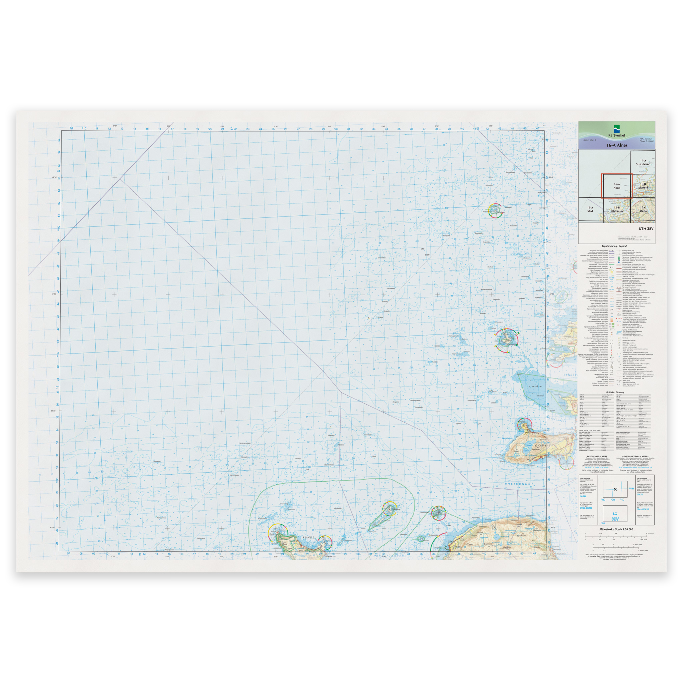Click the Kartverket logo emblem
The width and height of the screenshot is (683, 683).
(x=617, y=129)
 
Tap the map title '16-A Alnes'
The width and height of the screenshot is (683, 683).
(x=617, y=145)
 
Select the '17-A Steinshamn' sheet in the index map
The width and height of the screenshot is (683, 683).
(x=643, y=162)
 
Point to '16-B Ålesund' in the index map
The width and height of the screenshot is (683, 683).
(x=643, y=186)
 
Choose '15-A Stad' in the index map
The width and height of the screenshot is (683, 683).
(x=590, y=210)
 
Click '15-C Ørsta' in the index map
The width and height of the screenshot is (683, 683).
(x=643, y=210)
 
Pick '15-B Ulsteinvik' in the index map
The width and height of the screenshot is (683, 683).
(x=617, y=210)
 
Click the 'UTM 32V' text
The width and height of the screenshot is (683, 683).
(x=646, y=229)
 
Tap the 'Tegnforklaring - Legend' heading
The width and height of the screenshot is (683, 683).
(x=614, y=246)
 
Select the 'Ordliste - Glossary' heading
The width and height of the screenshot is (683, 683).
(x=615, y=392)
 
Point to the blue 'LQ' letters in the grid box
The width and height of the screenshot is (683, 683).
(x=615, y=514)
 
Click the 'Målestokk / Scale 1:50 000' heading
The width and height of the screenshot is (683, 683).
(x=616, y=530)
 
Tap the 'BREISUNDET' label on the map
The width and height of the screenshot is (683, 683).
(x=519, y=484)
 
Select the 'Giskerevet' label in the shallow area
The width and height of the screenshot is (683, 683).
(x=535, y=387)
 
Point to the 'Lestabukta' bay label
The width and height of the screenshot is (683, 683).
(x=507, y=438)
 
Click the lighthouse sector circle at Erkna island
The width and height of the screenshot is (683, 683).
(x=506, y=340)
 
